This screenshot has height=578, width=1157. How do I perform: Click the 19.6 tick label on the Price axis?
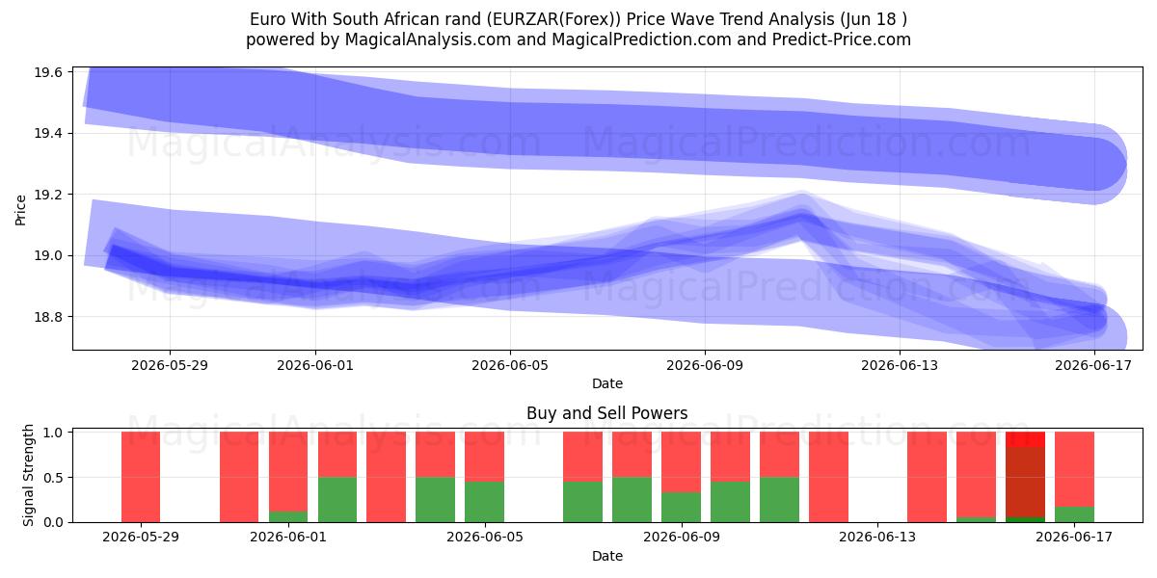(x=48, y=72)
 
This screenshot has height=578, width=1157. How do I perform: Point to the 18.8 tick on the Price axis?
(x=48, y=317)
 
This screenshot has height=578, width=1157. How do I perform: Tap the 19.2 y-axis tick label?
(x=48, y=195)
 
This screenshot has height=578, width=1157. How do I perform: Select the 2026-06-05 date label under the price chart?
(x=510, y=365)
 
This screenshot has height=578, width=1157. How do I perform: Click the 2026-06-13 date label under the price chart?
(x=900, y=365)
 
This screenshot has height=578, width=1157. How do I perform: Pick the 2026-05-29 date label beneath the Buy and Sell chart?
(x=141, y=538)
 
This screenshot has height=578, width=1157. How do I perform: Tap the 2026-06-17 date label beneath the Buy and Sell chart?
(x=1074, y=538)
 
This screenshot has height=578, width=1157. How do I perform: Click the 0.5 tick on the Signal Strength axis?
(x=53, y=478)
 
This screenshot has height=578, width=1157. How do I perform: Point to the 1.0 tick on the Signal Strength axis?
(x=53, y=433)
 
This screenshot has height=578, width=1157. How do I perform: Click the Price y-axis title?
(x=20, y=211)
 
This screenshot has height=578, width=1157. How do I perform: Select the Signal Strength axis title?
(x=28, y=475)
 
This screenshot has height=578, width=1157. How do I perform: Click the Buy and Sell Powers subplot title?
(x=606, y=413)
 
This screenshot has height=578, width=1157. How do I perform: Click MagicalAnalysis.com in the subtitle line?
(x=428, y=39)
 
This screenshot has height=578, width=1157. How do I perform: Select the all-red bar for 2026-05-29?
(x=141, y=477)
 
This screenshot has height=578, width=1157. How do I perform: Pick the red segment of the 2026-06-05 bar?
(x=484, y=457)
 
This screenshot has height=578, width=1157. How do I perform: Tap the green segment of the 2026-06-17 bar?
(x=1074, y=514)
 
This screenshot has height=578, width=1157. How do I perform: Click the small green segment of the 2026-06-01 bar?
(x=287, y=516)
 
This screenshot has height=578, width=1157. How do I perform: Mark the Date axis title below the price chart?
(x=606, y=383)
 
